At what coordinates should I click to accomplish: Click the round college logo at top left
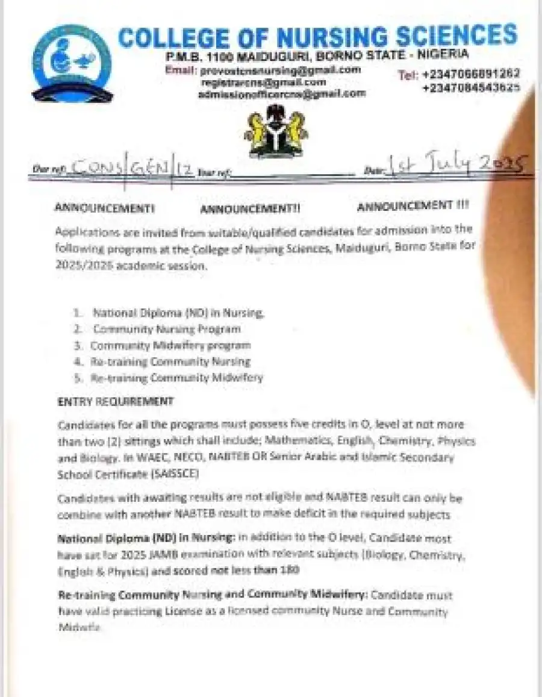(72, 63)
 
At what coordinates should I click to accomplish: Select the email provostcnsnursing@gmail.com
(280, 70)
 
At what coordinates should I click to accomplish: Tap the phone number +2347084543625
(471, 87)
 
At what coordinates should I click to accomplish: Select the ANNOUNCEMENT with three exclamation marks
(413, 206)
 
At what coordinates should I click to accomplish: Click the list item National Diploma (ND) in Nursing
(178, 313)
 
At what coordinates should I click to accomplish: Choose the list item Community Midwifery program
(170, 345)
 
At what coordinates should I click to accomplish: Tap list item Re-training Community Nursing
(170, 361)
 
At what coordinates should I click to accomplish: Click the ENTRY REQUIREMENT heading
(115, 401)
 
